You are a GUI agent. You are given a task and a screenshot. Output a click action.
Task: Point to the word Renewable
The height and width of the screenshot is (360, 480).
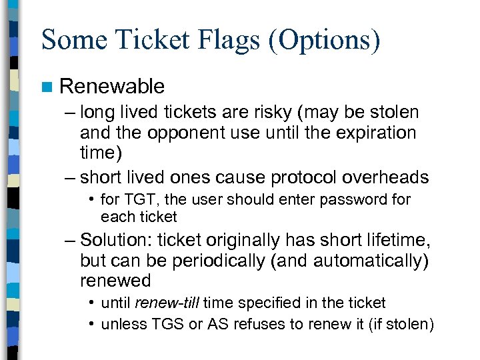[111, 86]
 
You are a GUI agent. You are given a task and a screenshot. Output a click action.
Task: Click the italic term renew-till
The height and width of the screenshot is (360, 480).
[167, 303]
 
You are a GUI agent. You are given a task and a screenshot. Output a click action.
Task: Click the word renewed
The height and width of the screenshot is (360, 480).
[115, 280]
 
